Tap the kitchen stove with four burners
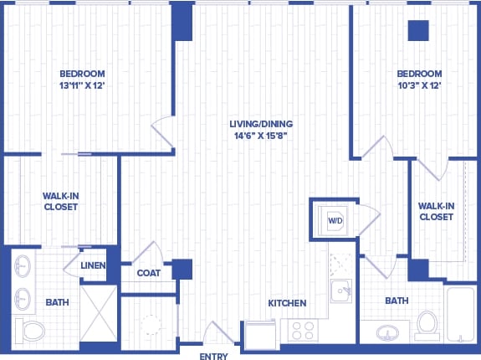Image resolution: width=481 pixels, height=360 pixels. click(x=303, y=331)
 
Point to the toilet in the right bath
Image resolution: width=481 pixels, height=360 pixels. click(x=427, y=324)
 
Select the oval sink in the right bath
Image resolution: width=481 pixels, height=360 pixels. click(x=389, y=332)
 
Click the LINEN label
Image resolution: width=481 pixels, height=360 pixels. click(x=92, y=265)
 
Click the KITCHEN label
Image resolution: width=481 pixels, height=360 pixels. click(x=287, y=302)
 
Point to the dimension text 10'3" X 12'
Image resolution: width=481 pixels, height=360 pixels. click(x=419, y=85)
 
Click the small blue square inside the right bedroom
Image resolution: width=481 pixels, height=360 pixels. click(x=417, y=30)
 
